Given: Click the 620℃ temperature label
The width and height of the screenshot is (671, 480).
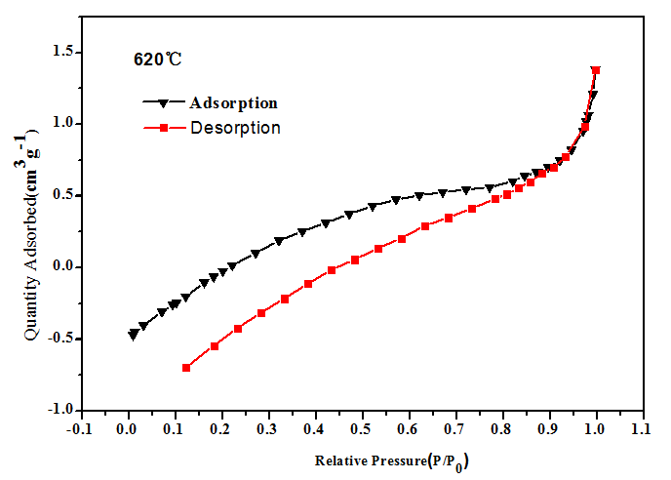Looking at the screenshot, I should pos(158,59).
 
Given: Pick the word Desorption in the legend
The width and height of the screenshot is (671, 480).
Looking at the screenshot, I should pos(235,128).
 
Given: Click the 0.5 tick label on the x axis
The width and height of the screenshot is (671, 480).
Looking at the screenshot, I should pos(362,427).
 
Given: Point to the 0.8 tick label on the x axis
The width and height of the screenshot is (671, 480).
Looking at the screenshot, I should pos(502,427).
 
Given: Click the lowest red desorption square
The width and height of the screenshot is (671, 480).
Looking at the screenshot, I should pos(186,368).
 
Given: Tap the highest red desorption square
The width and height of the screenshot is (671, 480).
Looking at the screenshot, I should pos(596,70).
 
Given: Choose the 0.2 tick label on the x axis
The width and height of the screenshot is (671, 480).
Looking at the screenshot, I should pos(220,427).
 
